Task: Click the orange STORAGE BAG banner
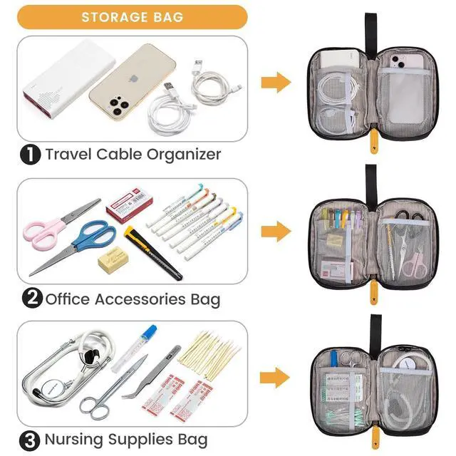pos(132,16)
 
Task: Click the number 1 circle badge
pos(30,154)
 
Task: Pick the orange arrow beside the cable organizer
pos(275,83)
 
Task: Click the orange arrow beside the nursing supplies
pos(275,378)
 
